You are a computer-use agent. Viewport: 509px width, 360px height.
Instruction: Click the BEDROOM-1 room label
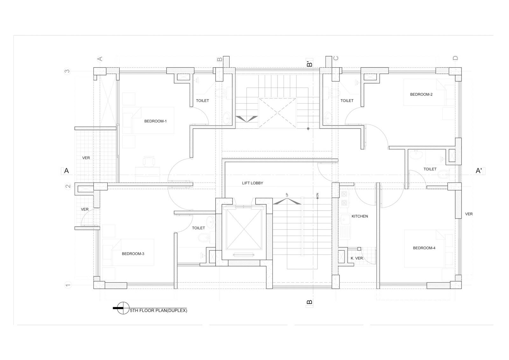(156, 121)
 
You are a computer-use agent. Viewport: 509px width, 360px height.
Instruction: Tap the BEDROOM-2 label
(421, 94)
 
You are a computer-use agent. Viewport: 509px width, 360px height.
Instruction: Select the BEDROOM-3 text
(133, 254)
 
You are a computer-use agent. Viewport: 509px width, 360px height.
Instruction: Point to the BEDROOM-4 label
(424, 248)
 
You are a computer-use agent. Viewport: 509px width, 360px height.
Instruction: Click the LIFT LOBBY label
(253, 183)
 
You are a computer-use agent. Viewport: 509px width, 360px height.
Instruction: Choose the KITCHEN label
(360, 216)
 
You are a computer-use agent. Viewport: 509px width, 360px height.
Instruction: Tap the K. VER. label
(357, 258)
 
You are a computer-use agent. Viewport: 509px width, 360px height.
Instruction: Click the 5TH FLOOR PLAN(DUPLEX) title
(159, 310)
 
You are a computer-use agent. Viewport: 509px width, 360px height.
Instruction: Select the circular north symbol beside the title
(123, 308)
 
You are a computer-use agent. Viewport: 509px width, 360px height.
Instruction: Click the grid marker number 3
(67, 71)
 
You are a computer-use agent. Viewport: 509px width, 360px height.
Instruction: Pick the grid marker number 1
(68, 285)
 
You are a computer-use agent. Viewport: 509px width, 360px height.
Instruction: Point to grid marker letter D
(455, 58)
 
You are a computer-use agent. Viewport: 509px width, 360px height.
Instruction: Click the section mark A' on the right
(479, 171)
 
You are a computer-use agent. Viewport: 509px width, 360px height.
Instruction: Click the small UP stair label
(287, 195)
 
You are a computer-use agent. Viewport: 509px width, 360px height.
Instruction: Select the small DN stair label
(317, 195)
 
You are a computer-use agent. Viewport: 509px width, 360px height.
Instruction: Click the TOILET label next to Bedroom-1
(202, 100)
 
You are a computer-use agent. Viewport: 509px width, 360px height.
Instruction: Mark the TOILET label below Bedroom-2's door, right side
(430, 169)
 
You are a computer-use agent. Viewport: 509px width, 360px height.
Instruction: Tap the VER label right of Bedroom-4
(469, 214)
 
